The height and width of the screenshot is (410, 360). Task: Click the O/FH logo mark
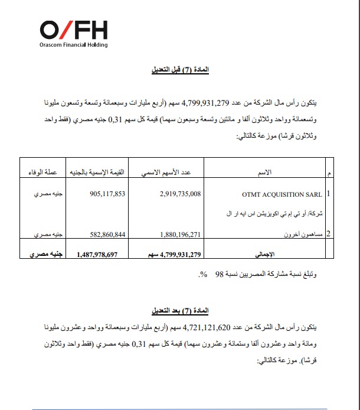click(x=74, y=30)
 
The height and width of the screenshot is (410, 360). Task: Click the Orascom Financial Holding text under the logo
click(x=74, y=44)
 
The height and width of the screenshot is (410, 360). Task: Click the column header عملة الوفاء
click(x=39, y=173)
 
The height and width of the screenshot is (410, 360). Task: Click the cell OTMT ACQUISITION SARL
click(x=282, y=193)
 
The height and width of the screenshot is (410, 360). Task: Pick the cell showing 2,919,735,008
click(x=181, y=193)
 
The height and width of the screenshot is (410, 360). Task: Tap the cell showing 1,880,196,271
click(x=181, y=234)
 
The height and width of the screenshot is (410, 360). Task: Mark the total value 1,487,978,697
click(x=97, y=254)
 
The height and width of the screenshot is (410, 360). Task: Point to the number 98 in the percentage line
click(x=220, y=275)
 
